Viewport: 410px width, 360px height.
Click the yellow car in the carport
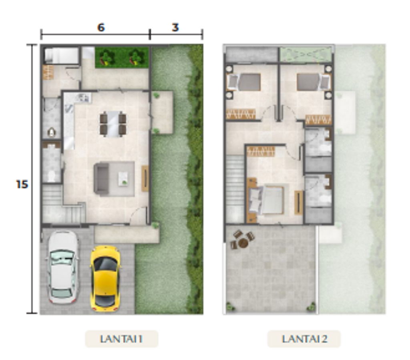point(105,278)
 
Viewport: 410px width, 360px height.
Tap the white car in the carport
point(62,267)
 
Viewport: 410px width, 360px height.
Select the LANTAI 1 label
point(121,339)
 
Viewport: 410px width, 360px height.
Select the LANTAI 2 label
point(304,339)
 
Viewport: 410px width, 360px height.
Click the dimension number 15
point(22,184)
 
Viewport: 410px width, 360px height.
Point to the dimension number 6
point(101,28)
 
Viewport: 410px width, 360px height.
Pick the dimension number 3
point(175,28)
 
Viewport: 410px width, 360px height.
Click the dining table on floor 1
point(113,124)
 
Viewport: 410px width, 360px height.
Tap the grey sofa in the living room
point(101,179)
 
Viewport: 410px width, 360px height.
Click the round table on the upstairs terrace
point(243,243)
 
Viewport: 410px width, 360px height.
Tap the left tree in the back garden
point(106,58)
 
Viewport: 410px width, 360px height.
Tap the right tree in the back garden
point(136,58)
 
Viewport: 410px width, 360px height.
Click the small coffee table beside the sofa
point(123,179)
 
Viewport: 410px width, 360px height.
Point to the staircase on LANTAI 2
point(235,189)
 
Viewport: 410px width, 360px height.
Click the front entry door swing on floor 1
point(138,214)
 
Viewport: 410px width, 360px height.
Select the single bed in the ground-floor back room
point(61,55)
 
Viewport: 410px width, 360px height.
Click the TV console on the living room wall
point(145,178)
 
